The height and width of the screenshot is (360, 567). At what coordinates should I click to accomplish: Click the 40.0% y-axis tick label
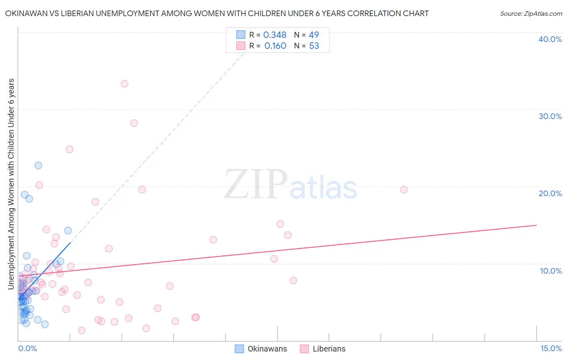[x=550, y=39]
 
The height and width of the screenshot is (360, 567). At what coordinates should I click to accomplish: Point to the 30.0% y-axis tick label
[x=550, y=116]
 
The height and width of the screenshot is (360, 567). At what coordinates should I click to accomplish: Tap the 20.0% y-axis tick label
[x=550, y=193]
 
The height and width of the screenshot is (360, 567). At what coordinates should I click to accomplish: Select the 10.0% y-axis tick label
[x=551, y=271]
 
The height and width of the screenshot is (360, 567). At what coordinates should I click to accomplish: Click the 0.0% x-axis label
[x=27, y=348]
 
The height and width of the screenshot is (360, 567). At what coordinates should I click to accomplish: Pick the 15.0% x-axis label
[x=551, y=348]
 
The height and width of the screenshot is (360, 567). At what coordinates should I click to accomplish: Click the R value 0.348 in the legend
[x=275, y=35]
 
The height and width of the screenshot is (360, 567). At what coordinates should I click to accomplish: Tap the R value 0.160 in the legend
[x=275, y=46]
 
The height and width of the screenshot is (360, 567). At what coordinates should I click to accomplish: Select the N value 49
[x=314, y=35]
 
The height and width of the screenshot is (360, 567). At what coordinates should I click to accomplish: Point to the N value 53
[x=314, y=46]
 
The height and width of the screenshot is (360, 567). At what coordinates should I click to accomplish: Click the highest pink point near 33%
[x=125, y=84]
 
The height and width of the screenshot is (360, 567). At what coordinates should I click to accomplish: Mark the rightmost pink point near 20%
[x=404, y=190]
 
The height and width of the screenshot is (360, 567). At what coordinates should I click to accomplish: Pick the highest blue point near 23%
[x=38, y=165]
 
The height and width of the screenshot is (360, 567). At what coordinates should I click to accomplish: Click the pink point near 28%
[x=134, y=123]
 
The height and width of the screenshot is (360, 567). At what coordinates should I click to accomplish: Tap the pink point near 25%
[x=69, y=149]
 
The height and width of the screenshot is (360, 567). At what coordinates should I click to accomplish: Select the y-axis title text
[x=11, y=184]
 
